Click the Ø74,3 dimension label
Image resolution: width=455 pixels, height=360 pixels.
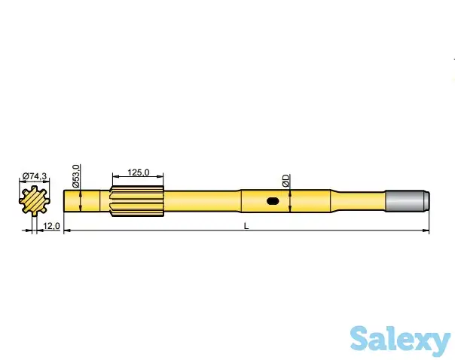(34, 176)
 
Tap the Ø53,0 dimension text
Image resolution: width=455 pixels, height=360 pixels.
(76, 175)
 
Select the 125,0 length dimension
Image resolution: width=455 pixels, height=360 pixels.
(139, 172)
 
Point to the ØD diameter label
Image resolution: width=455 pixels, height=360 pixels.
(286, 181)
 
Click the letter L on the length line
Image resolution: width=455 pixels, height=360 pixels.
(246, 226)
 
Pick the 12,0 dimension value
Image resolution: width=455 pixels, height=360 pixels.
(51, 226)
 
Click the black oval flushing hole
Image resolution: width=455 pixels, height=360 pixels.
(273, 201)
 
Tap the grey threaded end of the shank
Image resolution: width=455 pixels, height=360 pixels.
(407, 201)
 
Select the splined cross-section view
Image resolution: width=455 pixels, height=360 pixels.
(35, 201)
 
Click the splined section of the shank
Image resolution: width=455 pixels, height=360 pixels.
(136, 201)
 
